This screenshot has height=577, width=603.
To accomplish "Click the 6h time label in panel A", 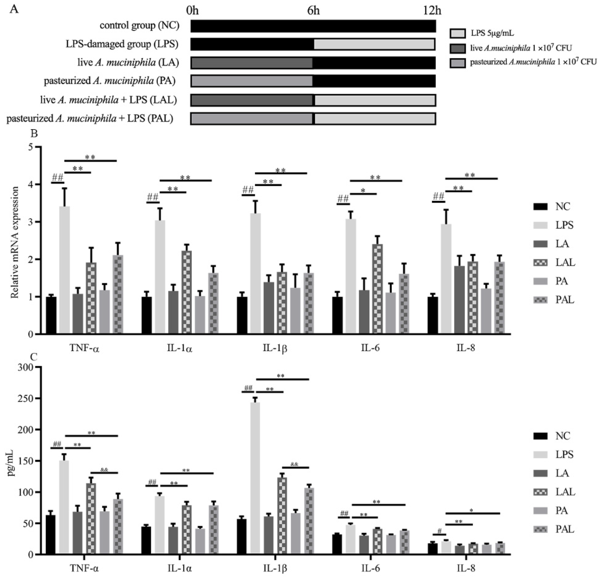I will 313,11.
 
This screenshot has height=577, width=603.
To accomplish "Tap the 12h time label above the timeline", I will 432,11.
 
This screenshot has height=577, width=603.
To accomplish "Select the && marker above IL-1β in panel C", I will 294,464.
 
